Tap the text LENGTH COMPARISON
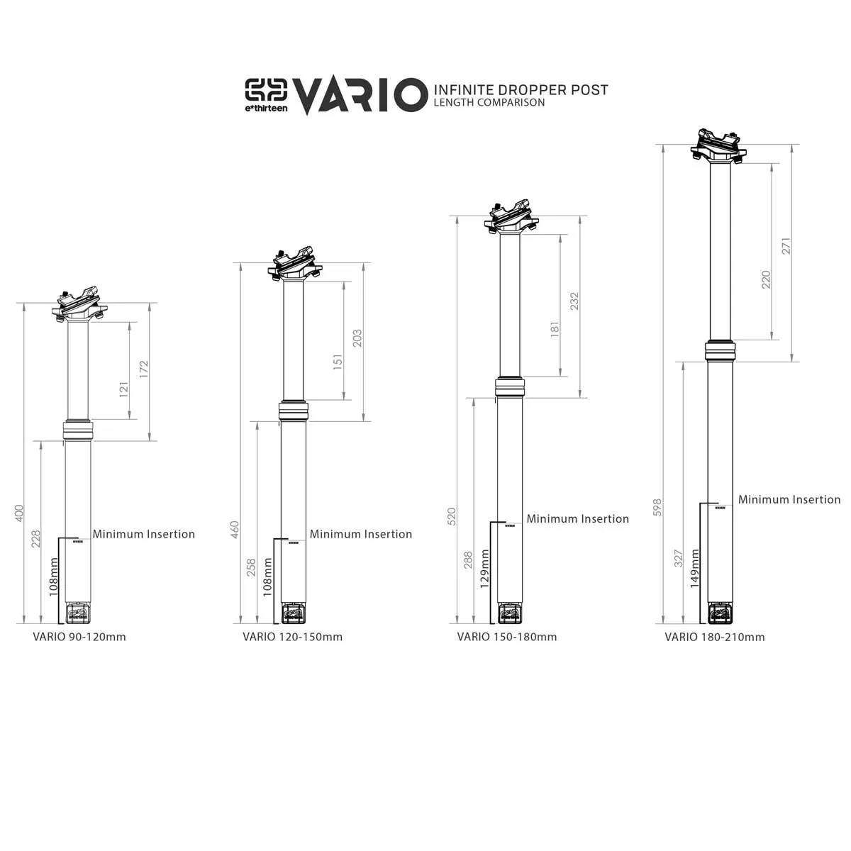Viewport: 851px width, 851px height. click(489, 103)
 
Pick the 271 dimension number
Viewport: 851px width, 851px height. click(785, 246)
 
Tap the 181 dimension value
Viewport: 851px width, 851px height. click(555, 328)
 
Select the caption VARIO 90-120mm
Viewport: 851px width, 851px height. click(79, 637)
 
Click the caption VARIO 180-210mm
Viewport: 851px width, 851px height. click(715, 637)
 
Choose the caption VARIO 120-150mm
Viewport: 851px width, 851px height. click(292, 637)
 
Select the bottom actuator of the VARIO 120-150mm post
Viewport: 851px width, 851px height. click(293, 611)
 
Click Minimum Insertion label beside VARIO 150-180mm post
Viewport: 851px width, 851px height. click(577, 519)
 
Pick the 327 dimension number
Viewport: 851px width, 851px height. click(678, 558)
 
